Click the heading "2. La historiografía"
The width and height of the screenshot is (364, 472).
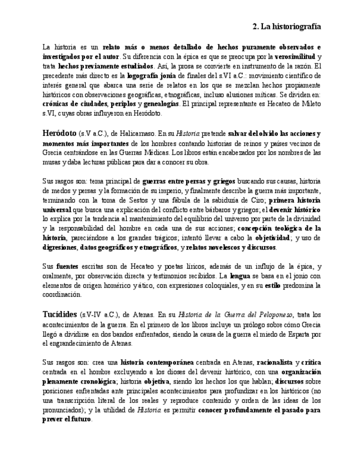point(286,26)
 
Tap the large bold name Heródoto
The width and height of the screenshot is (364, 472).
point(59,133)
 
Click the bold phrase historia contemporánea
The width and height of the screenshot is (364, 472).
point(157,362)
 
